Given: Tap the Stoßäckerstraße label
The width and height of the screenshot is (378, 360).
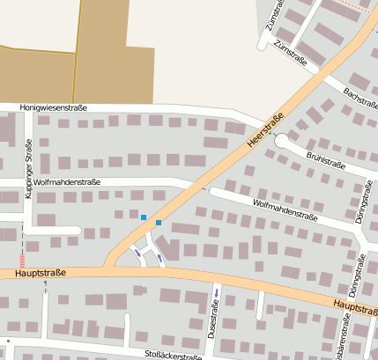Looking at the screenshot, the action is tap(174, 355).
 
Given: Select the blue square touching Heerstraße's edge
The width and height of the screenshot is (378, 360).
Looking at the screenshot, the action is tap(159, 223).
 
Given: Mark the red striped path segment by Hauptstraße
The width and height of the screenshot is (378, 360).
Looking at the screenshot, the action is tap(23, 261).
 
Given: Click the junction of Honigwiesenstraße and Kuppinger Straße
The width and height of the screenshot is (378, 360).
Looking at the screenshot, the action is tap(31, 111).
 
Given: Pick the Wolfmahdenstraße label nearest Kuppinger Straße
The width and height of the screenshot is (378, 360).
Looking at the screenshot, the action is tap(69, 182).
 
